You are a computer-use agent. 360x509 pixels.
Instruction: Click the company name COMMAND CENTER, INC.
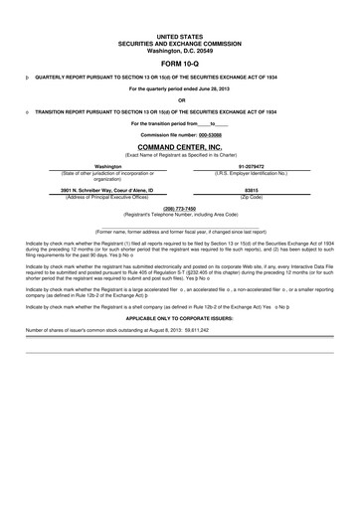180,147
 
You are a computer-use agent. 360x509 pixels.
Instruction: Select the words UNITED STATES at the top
180,34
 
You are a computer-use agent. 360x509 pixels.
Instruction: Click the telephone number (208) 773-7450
180,209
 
